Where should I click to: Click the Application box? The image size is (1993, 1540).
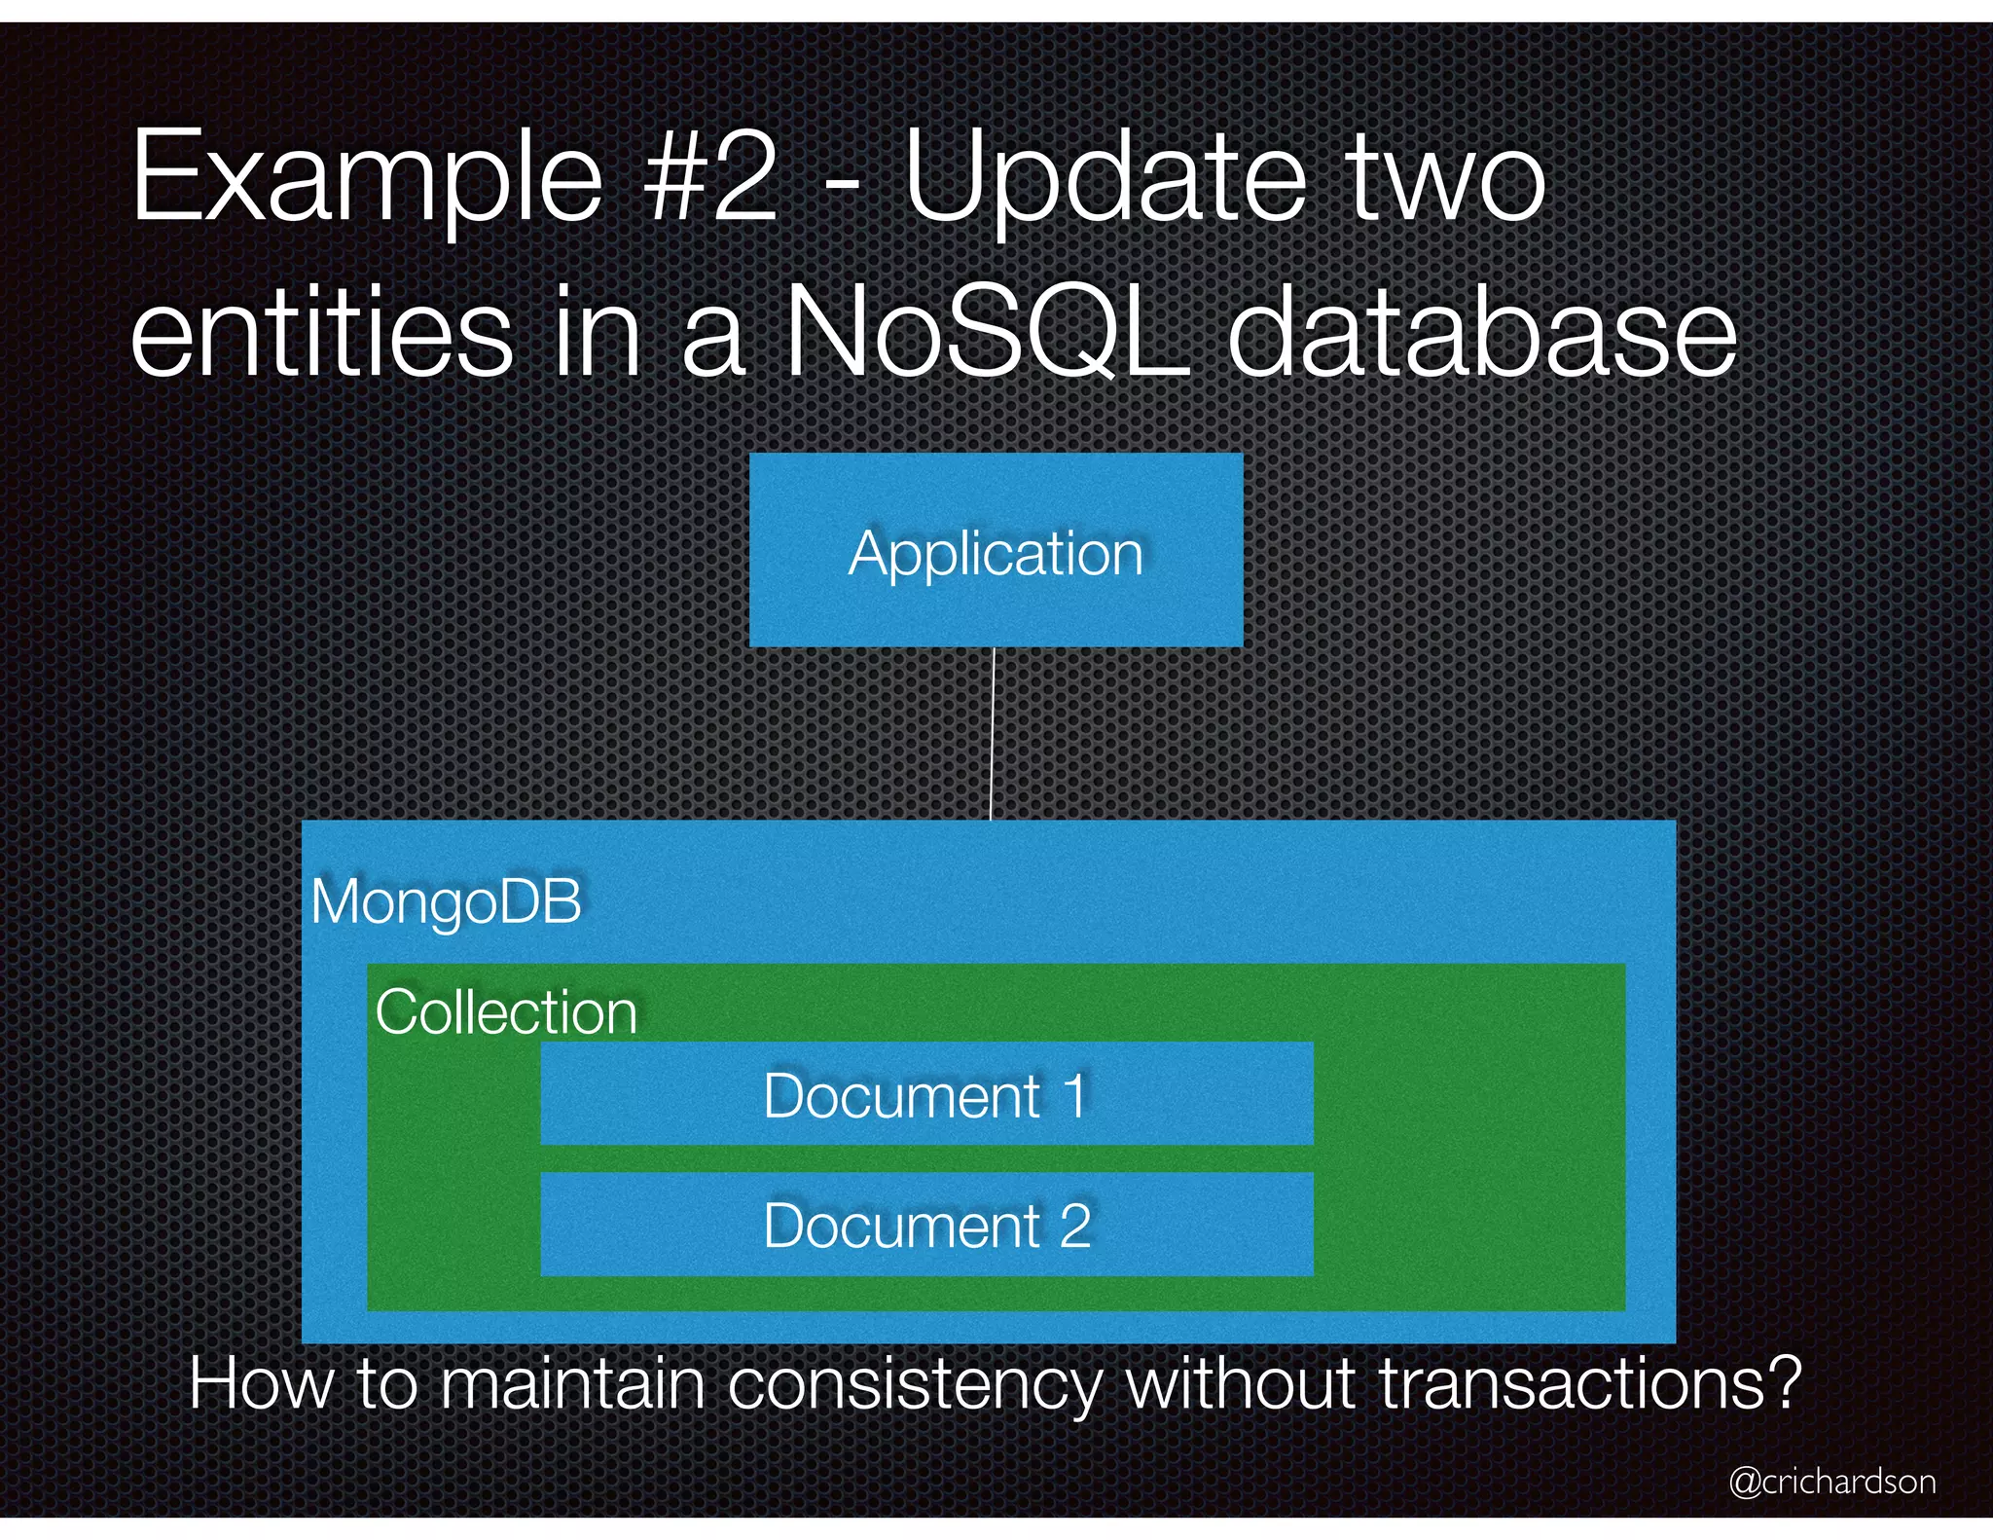pyautogui.click(x=996, y=550)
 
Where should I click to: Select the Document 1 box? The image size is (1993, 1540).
pyautogui.click(x=926, y=1094)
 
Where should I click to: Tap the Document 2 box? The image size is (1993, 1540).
pyautogui.click(x=926, y=1224)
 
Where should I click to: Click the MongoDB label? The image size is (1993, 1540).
pyautogui.click(x=446, y=901)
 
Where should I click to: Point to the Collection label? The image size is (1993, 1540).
pyautogui.click(x=506, y=1012)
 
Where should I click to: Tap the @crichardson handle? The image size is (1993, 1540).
pyautogui.click(x=1831, y=1481)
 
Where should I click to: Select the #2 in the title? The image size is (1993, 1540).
pyautogui.click(x=710, y=178)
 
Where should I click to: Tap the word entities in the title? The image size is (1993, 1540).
pyautogui.click(x=321, y=332)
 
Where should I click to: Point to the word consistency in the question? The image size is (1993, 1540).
pyautogui.click(x=915, y=1384)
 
